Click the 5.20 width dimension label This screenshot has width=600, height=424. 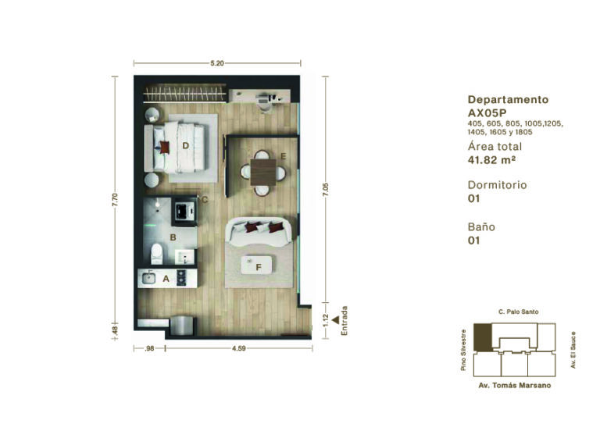pyautogui.click(x=217, y=63)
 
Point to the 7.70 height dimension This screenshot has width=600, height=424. pyautogui.click(x=115, y=200)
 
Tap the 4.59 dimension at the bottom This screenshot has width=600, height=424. pyautogui.click(x=239, y=348)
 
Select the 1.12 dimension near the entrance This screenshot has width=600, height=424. pyautogui.click(x=326, y=319)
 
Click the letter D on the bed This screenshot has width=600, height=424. pyautogui.click(x=186, y=146)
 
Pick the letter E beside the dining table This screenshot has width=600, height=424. pyautogui.click(x=284, y=156)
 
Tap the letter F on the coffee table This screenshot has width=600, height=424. pyautogui.click(x=259, y=268)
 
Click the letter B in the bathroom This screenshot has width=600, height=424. pyautogui.click(x=173, y=237)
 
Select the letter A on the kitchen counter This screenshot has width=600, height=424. pyautogui.click(x=166, y=279)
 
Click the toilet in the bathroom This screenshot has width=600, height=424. pyautogui.click(x=156, y=254)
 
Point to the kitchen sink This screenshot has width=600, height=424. pyautogui.click(x=148, y=278)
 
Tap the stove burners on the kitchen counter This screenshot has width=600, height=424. pyautogui.click(x=181, y=278)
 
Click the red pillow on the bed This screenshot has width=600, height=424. pyautogui.click(x=165, y=148)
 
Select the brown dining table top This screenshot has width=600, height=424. pyautogui.click(x=263, y=172)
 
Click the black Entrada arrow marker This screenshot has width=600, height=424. pyautogui.click(x=336, y=320)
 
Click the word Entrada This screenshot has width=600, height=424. pyautogui.click(x=345, y=321)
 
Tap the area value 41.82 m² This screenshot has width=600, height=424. pyautogui.click(x=491, y=160)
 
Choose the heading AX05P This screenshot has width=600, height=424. pyautogui.click(x=487, y=113)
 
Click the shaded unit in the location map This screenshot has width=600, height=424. pyautogui.click(x=483, y=337)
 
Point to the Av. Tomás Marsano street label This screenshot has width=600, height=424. pyautogui.click(x=515, y=386)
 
